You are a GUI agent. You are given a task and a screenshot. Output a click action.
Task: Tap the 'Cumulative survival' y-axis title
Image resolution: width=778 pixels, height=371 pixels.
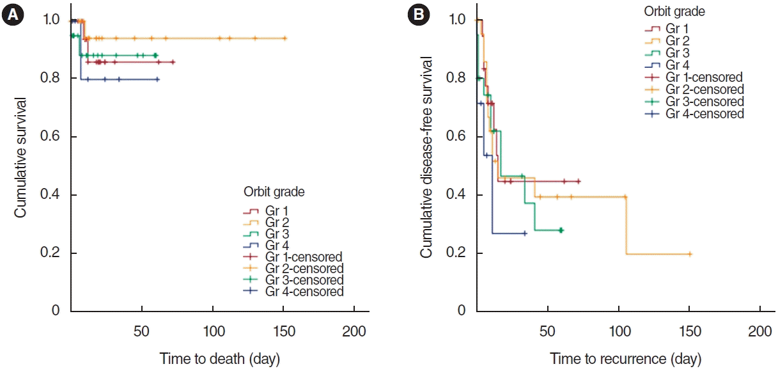(x=21, y=157)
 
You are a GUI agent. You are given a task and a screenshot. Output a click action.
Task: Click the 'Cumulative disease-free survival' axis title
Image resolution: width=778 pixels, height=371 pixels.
(x=426, y=157)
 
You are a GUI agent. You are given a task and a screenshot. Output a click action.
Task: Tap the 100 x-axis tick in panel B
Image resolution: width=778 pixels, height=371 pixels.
(x=618, y=332)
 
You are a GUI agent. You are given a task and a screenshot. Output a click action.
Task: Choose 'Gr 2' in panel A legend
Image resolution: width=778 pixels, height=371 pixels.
(x=277, y=222)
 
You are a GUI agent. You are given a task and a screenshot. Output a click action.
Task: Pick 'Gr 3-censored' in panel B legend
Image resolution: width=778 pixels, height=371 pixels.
(x=704, y=102)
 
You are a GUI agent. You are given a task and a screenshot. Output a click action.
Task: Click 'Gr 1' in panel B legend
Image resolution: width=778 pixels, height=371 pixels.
(x=677, y=29)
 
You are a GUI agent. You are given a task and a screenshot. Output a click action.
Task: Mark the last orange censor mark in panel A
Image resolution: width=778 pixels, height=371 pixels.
(x=284, y=38)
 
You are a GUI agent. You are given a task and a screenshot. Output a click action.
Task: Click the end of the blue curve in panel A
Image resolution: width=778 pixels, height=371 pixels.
(x=158, y=79)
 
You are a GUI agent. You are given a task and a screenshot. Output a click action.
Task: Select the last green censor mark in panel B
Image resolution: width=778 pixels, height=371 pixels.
(x=561, y=230)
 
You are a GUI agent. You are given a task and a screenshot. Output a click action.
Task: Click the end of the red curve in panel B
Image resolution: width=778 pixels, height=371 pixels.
(x=579, y=181)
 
